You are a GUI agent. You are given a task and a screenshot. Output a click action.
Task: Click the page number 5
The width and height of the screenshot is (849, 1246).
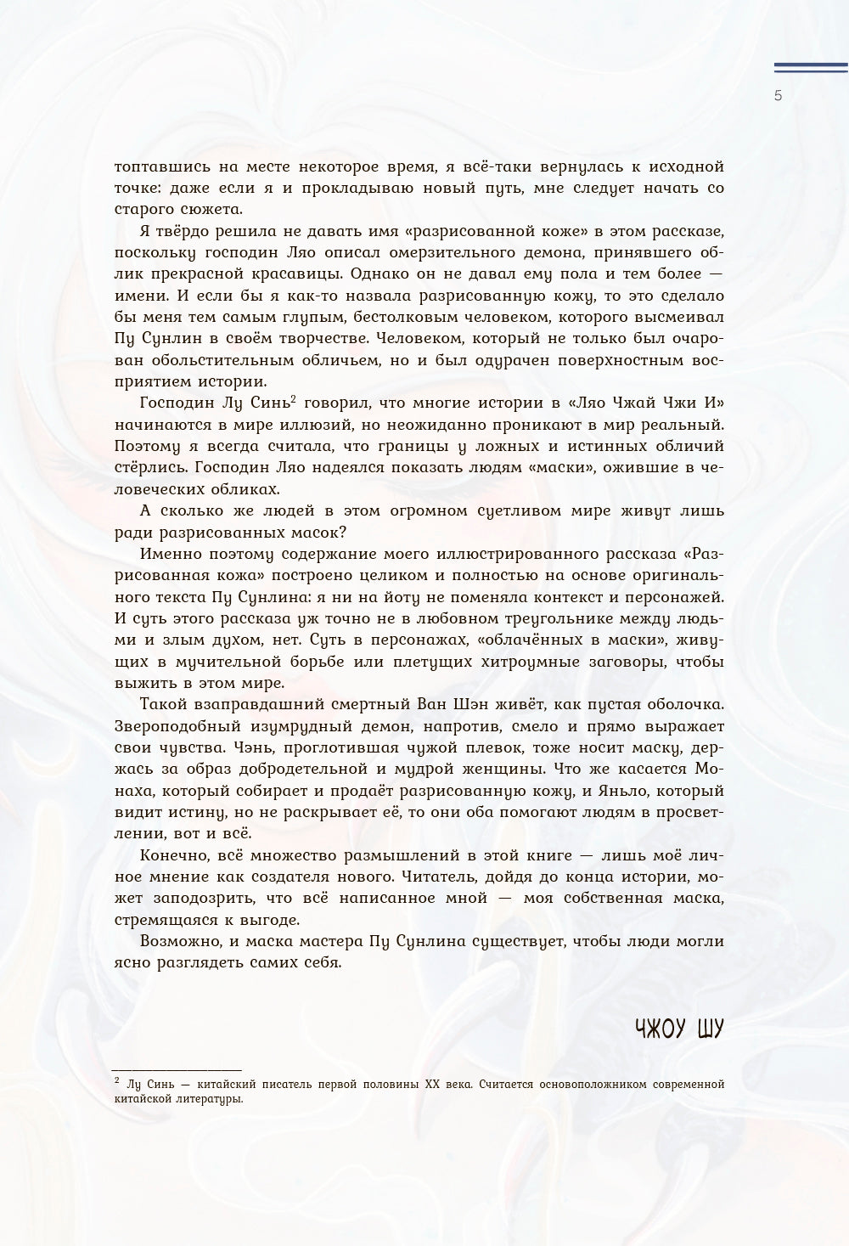[x=778, y=95]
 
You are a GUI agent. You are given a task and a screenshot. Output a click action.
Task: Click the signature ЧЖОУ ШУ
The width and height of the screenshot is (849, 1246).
[x=679, y=1029]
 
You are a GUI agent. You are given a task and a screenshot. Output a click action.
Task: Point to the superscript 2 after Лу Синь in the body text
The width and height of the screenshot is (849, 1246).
[x=292, y=397]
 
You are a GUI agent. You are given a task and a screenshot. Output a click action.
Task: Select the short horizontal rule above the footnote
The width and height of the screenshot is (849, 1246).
[x=177, y=1070]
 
